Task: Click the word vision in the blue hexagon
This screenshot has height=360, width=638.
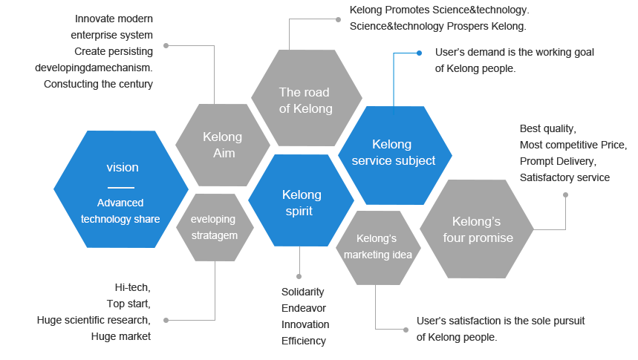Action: click(x=123, y=168)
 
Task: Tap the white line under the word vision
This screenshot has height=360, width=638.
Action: click(x=120, y=188)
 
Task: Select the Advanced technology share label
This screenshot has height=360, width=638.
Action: click(x=120, y=211)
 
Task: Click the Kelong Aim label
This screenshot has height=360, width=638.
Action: click(x=222, y=144)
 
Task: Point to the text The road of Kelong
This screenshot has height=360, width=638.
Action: click(x=305, y=100)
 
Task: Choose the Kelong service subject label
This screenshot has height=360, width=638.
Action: click(x=393, y=152)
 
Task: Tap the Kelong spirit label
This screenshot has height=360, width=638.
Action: click(x=302, y=203)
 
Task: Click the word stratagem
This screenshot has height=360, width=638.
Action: click(x=214, y=235)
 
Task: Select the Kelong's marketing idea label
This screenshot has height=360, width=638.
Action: click(x=377, y=246)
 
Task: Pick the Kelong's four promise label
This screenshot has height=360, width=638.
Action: click(x=478, y=229)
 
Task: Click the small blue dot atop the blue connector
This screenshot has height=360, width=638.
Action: click(x=420, y=53)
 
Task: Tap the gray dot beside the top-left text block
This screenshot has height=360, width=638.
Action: click(x=166, y=46)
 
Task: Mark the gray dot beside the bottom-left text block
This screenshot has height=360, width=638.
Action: click(x=166, y=321)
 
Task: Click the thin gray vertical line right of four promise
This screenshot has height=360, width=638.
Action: click(x=565, y=211)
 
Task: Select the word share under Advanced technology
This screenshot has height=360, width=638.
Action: click(x=146, y=219)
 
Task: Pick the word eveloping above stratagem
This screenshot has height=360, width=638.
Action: click(x=213, y=220)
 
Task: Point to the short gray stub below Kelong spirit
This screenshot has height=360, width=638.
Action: click(x=299, y=275)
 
